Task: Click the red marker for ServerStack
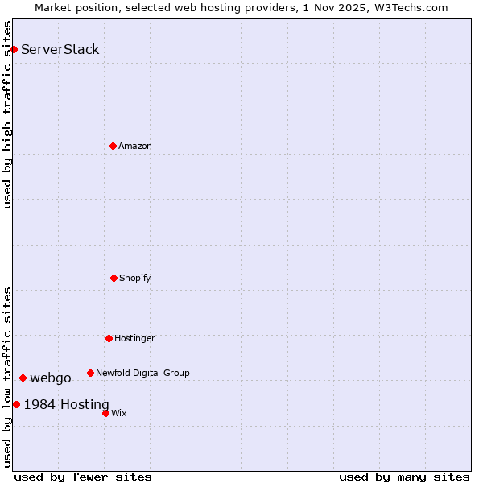click(14, 50)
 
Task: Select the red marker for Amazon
click(113, 146)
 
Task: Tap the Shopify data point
click(114, 278)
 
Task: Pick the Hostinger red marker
click(109, 338)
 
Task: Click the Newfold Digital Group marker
click(90, 373)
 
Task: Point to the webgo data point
click(23, 378)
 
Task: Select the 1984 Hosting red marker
click(16, 404)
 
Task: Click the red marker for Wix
click(105, 413)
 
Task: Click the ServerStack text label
click(60, 50)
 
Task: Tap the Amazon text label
click(135, 147)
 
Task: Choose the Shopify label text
click(135, 279)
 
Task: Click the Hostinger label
click(134, 339)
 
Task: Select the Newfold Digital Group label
click(142, 374)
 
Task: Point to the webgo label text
click(51, 378)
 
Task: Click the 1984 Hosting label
click(66, 405)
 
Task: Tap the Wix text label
click(119, 414)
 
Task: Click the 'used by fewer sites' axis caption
click(83, 477)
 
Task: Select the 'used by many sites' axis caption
click(404, 477)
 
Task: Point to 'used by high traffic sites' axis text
click(7, 114)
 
